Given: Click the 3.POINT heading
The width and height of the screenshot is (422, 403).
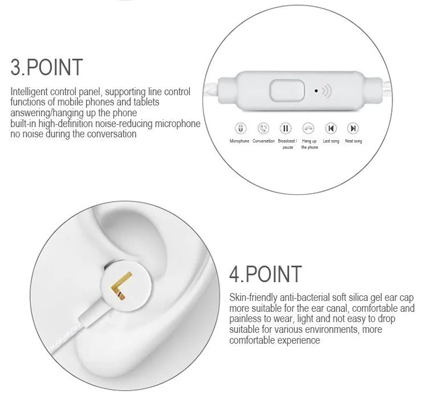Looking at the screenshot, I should pos(47,67).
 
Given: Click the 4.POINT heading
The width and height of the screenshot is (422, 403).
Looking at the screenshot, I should pos(265,274).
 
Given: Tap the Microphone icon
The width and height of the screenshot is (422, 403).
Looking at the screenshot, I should pos(240,128).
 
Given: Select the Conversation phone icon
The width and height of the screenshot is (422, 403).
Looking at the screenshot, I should pos(263,128).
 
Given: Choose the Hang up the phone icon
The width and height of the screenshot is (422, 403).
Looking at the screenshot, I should pos(309,128).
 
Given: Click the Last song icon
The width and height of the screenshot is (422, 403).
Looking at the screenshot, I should pos(331,128).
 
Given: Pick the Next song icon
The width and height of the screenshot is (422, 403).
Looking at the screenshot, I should pos(354,128).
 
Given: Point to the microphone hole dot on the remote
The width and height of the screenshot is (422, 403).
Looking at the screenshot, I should pos(316,90).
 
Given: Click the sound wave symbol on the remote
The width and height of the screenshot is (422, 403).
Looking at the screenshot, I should pos(327,90).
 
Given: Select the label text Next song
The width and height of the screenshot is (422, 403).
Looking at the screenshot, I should pos(354,141).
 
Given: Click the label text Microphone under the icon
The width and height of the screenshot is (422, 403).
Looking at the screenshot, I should pos(240,141).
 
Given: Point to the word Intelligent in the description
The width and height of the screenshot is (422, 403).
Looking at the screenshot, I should pos(28,92).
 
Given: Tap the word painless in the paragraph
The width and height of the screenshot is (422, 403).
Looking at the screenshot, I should pos(246,319).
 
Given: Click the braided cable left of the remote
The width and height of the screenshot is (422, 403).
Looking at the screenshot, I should pos(212,90).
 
